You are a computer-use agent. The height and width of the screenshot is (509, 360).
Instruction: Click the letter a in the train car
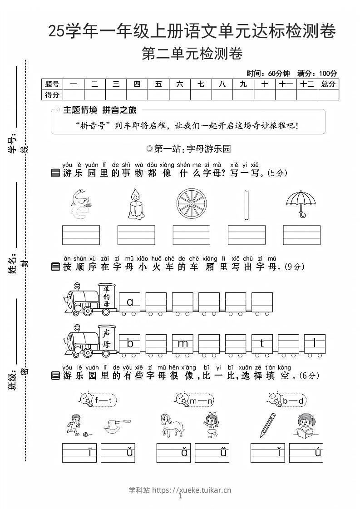130,301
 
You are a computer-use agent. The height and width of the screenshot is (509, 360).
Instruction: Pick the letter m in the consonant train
182,344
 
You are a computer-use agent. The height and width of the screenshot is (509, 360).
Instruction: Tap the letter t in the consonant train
262,344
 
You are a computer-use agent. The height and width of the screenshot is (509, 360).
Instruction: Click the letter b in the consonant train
130,344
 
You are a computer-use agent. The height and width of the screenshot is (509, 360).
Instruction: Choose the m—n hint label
200,400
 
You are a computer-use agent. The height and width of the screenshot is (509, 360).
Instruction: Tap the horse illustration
172,425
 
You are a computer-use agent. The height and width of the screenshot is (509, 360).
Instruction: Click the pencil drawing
268,425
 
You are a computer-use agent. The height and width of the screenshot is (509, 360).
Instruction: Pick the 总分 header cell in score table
328,84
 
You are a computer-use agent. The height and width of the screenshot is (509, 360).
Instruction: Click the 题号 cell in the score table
52,84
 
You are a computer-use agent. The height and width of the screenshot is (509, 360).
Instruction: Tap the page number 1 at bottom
180,497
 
